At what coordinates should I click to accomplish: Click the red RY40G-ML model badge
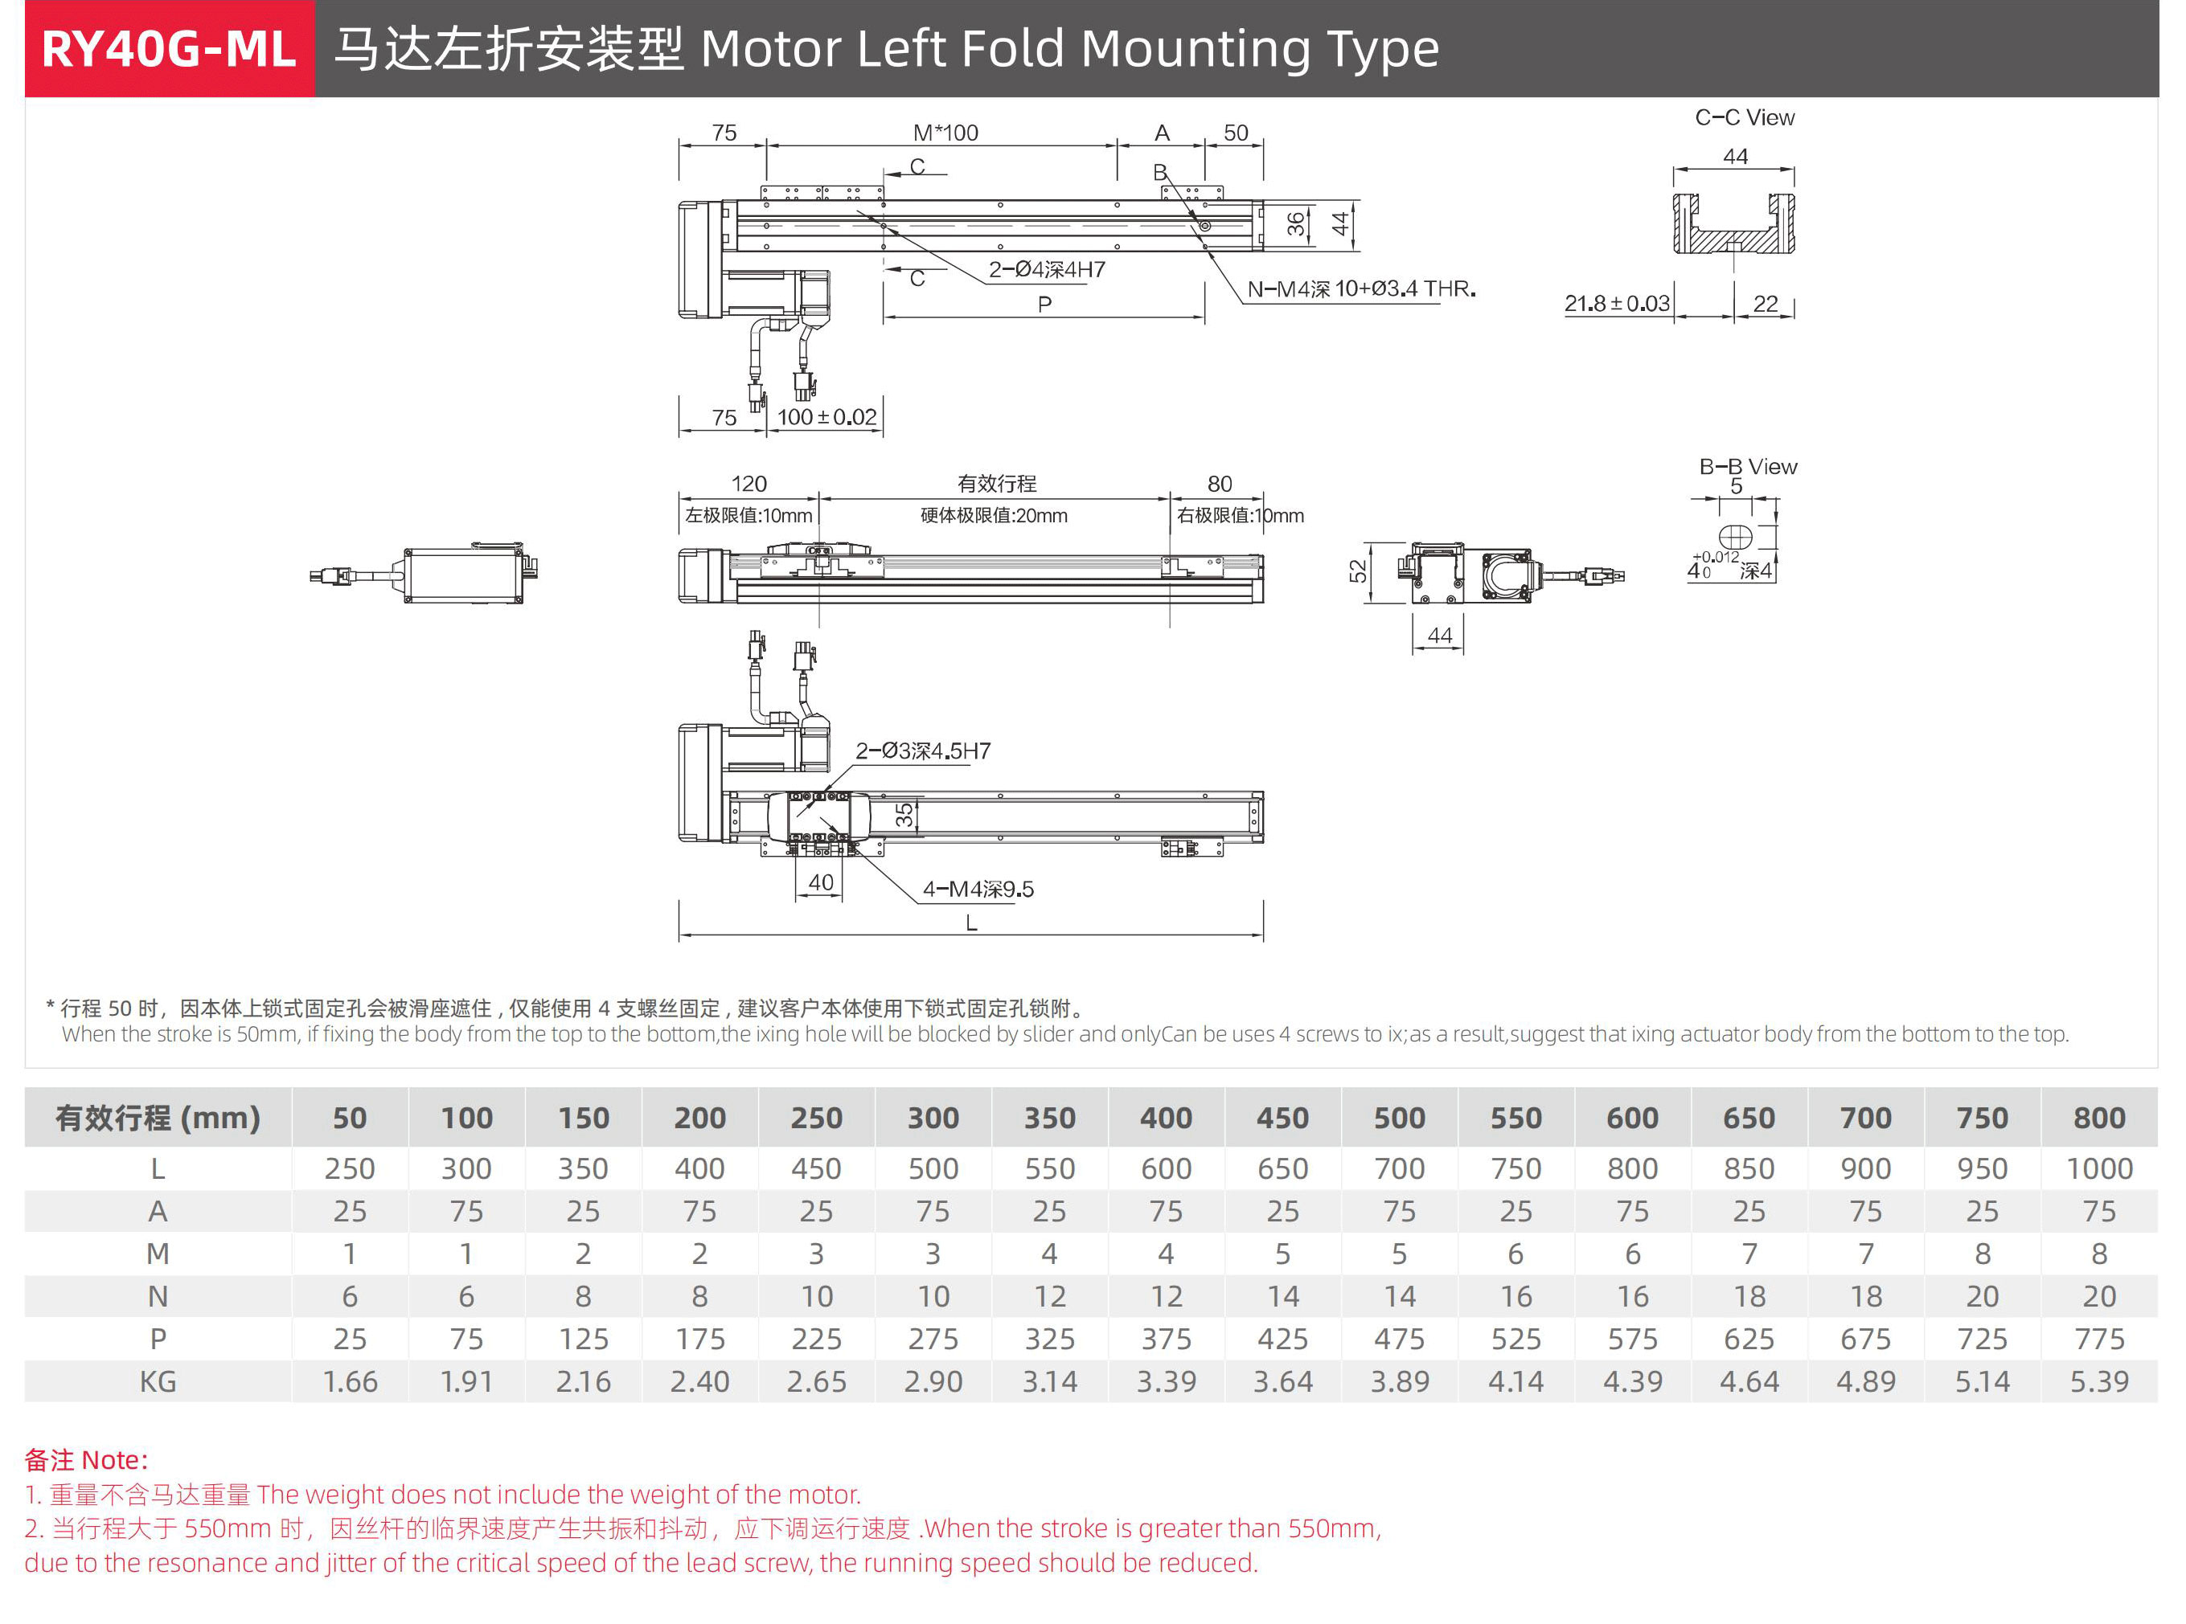[x=169, y=49]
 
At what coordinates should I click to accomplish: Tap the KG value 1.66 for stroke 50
[x=350, y=1381]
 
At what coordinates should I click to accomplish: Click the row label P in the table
[x=158, y=1339]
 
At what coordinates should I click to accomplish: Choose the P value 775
[x=2098, y=1339]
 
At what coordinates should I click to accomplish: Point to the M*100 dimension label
[x=945, y=133]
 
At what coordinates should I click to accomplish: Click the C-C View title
[x=1745, y=118]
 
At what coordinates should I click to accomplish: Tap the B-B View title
[x=1747, y=467]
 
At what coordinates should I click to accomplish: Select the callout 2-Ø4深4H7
[x=1046, y=269]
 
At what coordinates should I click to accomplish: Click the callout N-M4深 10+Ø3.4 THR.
[x=1361, y=289]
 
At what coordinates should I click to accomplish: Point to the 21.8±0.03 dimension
[x=1617, y=304]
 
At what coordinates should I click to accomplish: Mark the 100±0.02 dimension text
[x=826, y=417]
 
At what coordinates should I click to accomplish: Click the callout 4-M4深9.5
[x=978, y=890]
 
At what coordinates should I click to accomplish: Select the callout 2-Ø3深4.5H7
[x=922, y=751]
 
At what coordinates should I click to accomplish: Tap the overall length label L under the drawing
[x=970, y=923]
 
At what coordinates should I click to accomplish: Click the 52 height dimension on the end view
[x=1358, y=571]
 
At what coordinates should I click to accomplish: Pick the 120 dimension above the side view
[x=748, y=484]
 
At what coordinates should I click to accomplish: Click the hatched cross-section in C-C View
[x=1733, y=236]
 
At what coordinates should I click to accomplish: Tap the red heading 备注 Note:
[x=87, y=1460]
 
